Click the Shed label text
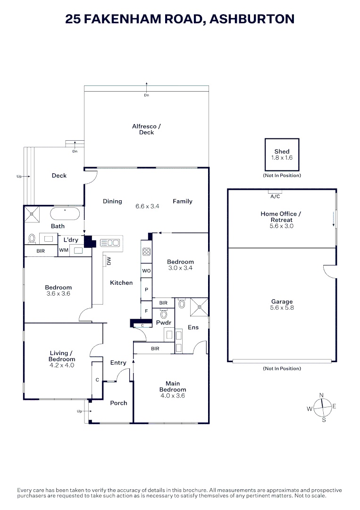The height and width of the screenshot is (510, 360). click(x=282, y=152)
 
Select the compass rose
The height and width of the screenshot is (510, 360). click(x=322, y=407)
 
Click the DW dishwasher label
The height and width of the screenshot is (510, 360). click(x=109, y=261)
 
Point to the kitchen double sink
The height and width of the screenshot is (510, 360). click(x=110, y=243)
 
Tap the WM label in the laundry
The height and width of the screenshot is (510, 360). click(x=64, y=250)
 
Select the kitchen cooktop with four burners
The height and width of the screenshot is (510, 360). click(x=146, y=252)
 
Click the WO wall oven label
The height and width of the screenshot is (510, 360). click(x=146, y=271)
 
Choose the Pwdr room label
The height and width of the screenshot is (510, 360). click(x=163, y=323)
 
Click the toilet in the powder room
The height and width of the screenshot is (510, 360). click(x=164, y=314)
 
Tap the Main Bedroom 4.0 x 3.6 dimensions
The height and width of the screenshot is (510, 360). click(x=173, y=396)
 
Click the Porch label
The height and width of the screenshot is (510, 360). click(x=118, y=403)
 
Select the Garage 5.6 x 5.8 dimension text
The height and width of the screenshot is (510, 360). click(x=282, y=307)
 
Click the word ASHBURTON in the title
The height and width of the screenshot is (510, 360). click(x=252, y=19)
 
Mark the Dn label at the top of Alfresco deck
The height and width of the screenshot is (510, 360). click(x=146, y=95)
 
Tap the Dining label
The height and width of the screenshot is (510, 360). click(x=112, y=201)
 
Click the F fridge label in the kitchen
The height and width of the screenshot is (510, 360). click(x=146, y=311)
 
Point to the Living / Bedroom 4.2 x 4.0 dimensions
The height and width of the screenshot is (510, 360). click(x=62, y=365)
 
